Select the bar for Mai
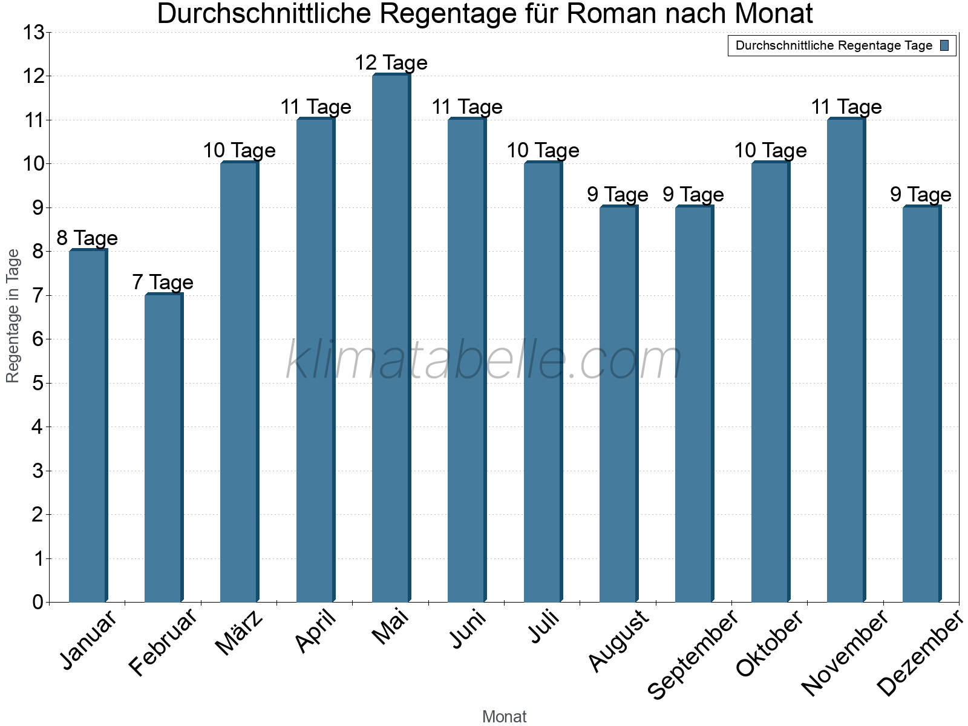coord(390,339)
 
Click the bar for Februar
coord(163,448)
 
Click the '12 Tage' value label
coord(391,63)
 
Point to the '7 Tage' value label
coord(163,283)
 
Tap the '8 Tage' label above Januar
coord(87,238)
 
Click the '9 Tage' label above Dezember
coord(920,195)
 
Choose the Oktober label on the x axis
coord(770,644)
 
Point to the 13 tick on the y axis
coord(34,33)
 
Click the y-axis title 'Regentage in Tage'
coord(13,316)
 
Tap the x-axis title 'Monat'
coord(504,717)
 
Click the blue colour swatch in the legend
coord(944,45)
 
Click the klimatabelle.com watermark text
coord(484,361)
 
